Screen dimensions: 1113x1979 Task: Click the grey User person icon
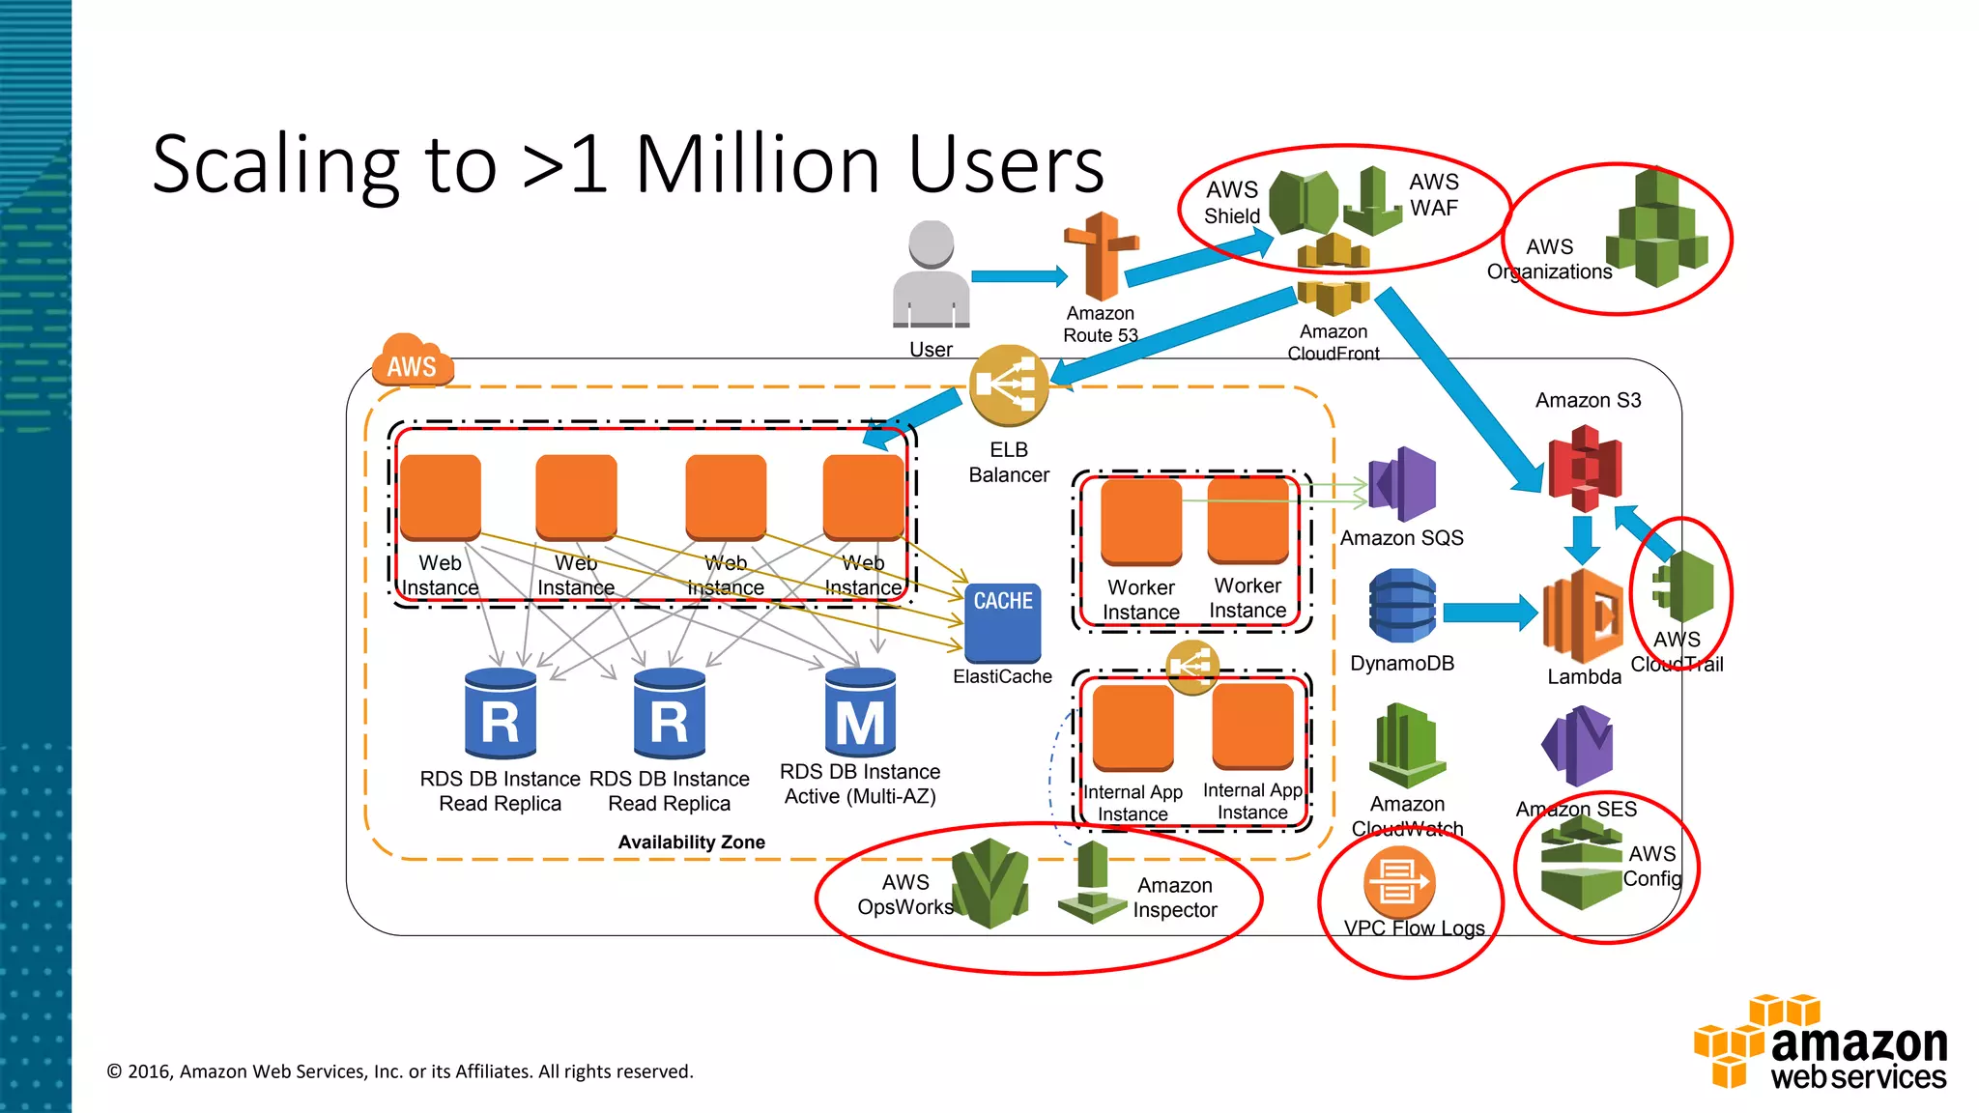point(931,275)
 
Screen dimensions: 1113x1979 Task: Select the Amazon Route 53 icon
point(1101,257)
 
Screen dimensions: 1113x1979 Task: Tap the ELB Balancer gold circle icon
point(1008,385)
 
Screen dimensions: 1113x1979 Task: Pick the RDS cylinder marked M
point(860,714)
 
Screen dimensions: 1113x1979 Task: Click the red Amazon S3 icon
point(1585,469)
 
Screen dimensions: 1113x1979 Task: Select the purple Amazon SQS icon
point(1403,484)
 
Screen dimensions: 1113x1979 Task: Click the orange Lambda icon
point(1583,615)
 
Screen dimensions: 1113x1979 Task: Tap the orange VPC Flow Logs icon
point(1398,881)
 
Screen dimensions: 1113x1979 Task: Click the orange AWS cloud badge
point(413,361)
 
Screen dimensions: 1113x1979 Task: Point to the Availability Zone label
point(691,842)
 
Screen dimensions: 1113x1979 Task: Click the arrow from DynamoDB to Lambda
point(1489,613)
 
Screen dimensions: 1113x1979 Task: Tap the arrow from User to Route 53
point(1018,276)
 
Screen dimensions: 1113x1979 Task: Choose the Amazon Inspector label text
point(1174,898)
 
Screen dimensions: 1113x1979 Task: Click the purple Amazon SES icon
point(1577,745)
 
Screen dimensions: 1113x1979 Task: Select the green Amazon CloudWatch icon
point(1407,746)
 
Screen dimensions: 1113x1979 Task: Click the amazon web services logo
point(1821,1042)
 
